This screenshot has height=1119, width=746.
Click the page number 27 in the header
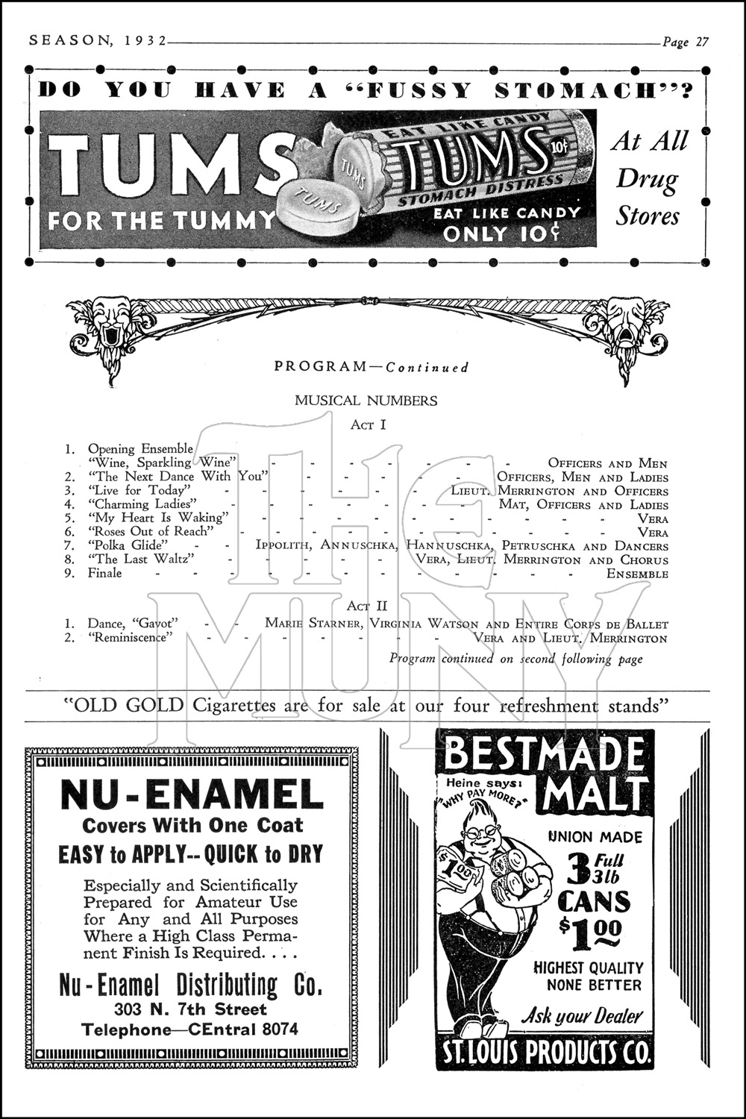click(701, 42)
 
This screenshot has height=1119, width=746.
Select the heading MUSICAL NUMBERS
click(366, 401)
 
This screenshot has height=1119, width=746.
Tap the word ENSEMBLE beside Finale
click(637, 574)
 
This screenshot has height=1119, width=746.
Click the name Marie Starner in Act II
click(302, 624)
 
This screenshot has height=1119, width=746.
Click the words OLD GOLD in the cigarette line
click(128, 705)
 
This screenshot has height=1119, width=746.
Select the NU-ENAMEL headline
click(192, 795)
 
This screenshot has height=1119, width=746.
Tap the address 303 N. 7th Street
click(190, 1010)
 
